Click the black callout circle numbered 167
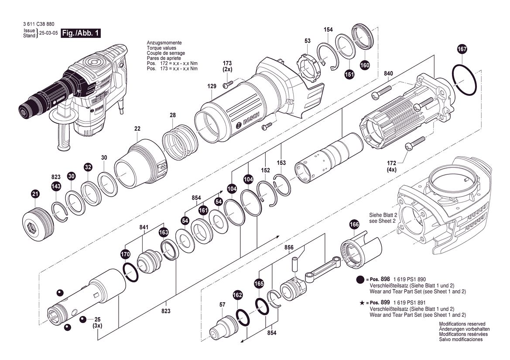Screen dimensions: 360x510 coord(462,49)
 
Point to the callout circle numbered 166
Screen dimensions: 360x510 coord(354,225)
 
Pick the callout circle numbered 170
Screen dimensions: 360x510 coord(125,254)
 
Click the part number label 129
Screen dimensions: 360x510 coord(212,86)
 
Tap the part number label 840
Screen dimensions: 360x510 coord(388,73)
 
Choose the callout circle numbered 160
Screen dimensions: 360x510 coord(365,65)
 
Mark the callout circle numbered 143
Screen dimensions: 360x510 coord(56,187)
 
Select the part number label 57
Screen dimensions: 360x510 coord(222,305)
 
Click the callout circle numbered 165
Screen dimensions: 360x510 coord(259,284)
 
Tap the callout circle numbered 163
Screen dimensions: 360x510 coord(164,232)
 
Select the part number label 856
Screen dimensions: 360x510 coord(289,247)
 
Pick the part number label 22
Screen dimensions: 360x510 coord(137,129)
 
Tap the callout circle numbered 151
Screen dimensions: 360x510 coord(349,75)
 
